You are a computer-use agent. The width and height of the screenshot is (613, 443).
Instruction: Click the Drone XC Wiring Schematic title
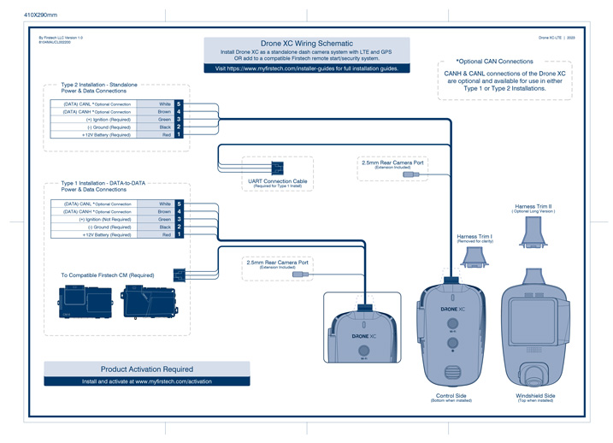tap(306, 43)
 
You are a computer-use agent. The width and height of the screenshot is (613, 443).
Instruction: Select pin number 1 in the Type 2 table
tap(180, 135)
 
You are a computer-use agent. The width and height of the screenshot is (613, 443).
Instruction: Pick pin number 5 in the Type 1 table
tap(180, 204)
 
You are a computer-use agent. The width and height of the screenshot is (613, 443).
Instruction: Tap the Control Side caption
tap(451, 396)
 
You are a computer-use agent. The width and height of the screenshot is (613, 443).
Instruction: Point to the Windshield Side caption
tap(536, 396)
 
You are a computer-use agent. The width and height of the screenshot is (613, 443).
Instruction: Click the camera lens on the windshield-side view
tap(535, 373)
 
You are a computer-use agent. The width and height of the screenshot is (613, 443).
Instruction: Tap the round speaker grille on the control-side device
tap(452, 373)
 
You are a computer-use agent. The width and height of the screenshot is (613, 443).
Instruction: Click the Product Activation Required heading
tap(147, 369)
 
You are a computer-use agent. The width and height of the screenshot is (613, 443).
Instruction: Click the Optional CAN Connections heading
tap(495, 62)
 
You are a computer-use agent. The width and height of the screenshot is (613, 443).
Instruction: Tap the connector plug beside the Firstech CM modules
tap(180, 275)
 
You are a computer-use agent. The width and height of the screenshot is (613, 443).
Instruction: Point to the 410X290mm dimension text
tap(40, 15)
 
